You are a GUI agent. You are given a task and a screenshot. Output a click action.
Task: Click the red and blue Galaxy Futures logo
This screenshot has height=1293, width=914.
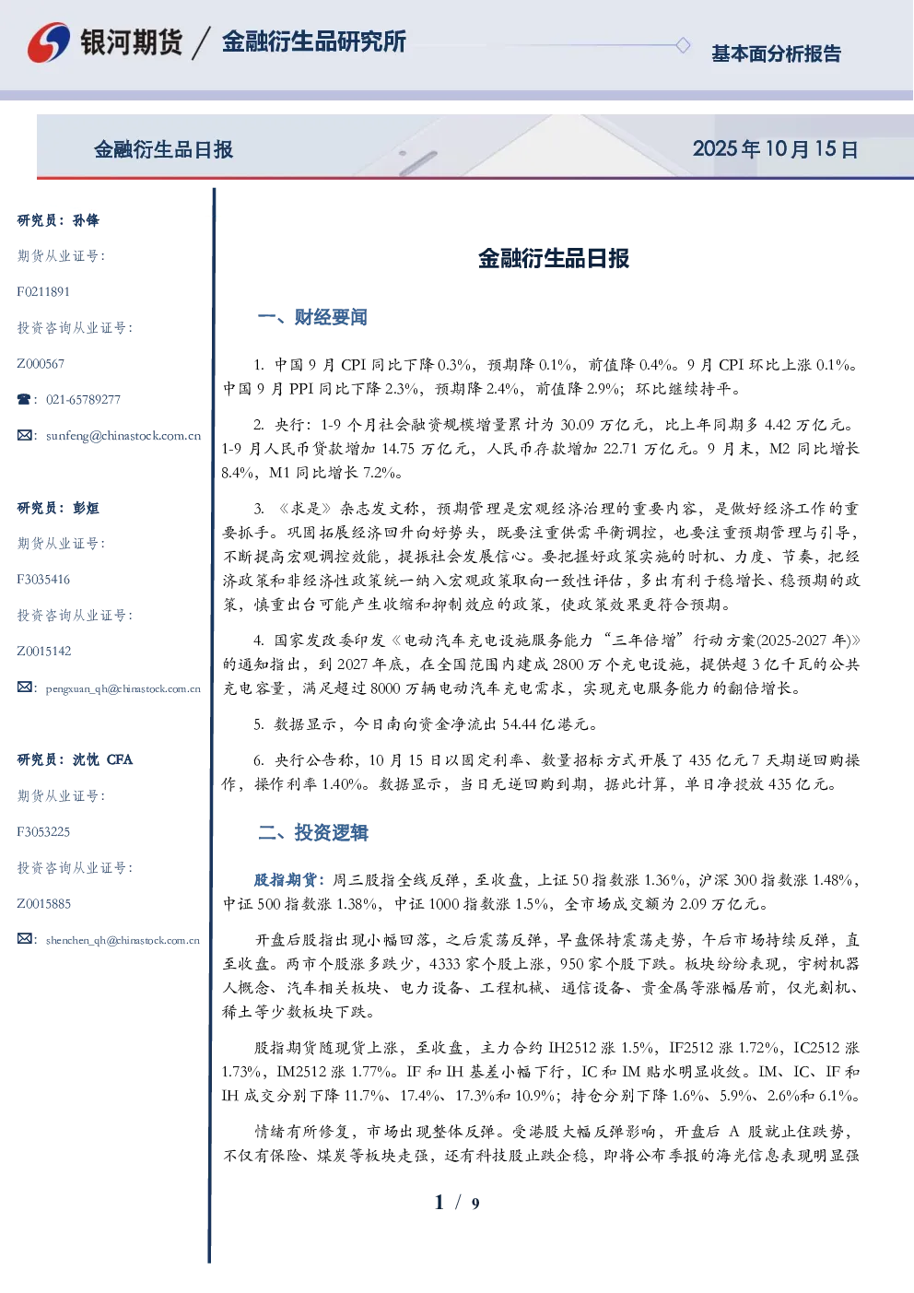pos(49,42)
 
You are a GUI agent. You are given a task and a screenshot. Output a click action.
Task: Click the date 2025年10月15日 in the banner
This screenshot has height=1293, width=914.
pos(775,149)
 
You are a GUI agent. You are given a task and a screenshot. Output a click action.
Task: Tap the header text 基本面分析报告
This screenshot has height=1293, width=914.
pos(776,53)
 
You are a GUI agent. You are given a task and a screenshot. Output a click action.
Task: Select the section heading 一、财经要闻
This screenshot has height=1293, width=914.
pos(312,317)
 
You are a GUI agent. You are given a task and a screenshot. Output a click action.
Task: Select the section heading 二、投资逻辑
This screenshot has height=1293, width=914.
pos(312,832)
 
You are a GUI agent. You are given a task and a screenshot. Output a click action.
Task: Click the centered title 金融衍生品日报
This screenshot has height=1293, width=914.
pos(554,258)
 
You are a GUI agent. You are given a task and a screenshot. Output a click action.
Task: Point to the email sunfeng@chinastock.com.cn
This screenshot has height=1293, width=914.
pos(123,436)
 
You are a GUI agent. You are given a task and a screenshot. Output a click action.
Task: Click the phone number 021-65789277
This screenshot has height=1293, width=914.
pos(84,399)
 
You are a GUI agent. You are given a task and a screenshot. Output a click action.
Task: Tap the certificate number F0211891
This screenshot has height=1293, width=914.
pos(43,291)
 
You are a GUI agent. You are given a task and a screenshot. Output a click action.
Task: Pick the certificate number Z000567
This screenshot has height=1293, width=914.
pos(41,364)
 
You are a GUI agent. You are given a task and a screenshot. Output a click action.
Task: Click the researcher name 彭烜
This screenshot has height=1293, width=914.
pos(86,508)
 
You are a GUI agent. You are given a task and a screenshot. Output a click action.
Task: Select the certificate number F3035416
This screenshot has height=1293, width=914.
pos(43,580)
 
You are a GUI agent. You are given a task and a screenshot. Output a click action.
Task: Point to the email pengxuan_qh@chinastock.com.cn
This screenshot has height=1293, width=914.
pos(123,688)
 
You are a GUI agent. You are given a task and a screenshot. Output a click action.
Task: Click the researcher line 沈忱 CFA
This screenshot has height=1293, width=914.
pos(102,759)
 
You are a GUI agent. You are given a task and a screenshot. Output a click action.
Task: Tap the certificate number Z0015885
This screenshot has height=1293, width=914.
pos(44,904)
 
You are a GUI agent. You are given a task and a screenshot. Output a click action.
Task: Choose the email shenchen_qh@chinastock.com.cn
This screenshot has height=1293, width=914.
pos(123,940)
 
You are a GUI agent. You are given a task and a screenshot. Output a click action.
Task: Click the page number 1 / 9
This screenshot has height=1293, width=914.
pos(457,1203)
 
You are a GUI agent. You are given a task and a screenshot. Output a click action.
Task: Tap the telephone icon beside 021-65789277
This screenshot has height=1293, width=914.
pos(24,399)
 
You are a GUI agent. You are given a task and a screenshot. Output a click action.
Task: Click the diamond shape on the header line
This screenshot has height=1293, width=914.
pos(683,45)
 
